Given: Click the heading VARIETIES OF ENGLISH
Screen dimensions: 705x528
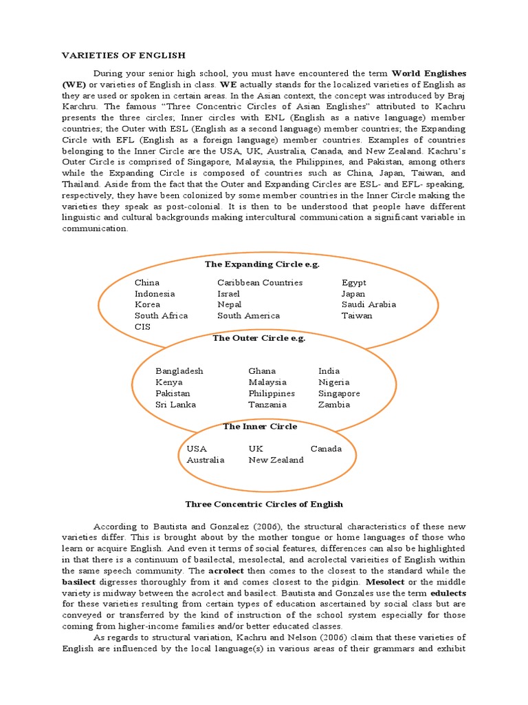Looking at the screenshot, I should [124, 54].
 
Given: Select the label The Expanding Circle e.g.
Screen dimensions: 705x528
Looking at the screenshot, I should [262, 264].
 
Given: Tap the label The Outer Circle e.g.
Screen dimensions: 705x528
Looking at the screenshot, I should [258, 338].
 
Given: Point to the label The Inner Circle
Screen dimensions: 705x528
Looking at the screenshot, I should [260, 427].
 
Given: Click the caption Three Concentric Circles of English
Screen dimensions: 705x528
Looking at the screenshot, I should [264, 504].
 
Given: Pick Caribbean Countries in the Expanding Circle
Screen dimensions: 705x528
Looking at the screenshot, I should [260, 282].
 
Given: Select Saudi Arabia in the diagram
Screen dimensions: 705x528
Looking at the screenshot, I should [368, 304].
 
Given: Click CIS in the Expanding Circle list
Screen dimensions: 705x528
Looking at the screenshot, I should [142, 326].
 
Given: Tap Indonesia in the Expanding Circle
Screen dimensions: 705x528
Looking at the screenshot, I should [155, 293].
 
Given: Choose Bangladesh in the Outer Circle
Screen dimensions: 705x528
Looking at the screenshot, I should [179, 371].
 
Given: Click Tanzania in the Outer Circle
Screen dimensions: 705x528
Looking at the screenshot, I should [267, 404].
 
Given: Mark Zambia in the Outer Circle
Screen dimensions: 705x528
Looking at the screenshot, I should [334, 404].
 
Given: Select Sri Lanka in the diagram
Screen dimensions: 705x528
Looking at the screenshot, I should [175, 404].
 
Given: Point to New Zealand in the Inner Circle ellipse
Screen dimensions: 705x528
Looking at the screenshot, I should [276, 460].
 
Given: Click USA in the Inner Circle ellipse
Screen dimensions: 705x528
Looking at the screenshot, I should [197, 449].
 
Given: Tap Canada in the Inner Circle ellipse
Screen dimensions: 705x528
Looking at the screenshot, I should [326, 449].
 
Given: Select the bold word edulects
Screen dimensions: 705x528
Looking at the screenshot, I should [448, 593].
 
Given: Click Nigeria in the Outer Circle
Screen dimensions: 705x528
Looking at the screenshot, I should [333, 382].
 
